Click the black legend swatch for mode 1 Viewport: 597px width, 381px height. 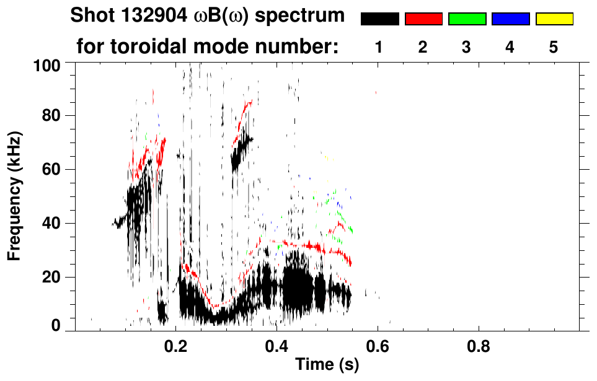[x=380, y=19]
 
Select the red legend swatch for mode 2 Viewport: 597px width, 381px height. [x=423, y=19]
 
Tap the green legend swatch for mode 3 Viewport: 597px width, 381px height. [x=467, y=19]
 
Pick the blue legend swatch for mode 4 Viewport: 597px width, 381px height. [x=510, y=19]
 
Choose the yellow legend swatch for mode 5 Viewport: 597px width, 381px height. [x=554, y=19]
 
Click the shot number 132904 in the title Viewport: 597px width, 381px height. [x=152, y=16]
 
